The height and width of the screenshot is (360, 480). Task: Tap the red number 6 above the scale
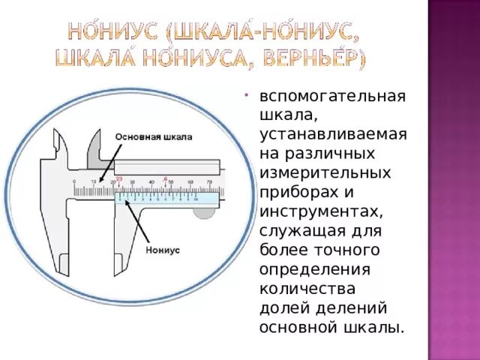click(165, 177)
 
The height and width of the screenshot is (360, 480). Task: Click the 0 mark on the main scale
click(73, 182)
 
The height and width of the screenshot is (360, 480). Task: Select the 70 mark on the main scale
click(209, 182)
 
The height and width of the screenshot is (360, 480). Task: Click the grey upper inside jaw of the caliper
click(96, 150)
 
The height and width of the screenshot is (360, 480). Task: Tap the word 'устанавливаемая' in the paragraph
click(333, 134)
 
